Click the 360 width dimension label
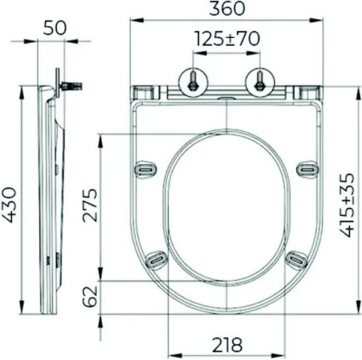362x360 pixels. pos(226,8)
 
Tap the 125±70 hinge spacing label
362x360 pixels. pos(227,39)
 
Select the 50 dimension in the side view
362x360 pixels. pos(55,28)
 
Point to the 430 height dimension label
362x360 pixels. pos(10,205)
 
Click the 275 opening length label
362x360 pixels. pos(90,205)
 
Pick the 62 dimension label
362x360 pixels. pos(90,297)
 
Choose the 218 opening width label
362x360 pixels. pos(227,345)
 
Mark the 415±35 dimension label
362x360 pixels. pos(346,205)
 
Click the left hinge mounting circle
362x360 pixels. pos(194,82)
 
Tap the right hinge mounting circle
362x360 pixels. pos(260,82)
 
